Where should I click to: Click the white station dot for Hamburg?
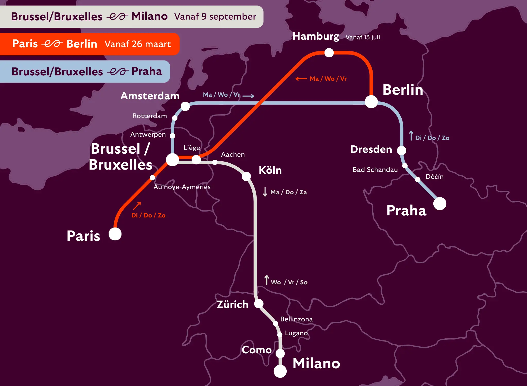[329, 53]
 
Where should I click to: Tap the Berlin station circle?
[371, 102]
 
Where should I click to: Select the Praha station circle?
[440, 204]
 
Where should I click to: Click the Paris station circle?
[115, 234]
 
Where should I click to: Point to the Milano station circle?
[280, 371]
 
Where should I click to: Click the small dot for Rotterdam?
[175, 118]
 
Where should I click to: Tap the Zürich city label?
[232, 304]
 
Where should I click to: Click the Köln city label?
[270, 170]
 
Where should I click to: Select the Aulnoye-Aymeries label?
[182, 187]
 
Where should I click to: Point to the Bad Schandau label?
[375, 170]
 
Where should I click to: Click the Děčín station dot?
[418, 179]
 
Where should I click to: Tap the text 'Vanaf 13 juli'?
[363, 37]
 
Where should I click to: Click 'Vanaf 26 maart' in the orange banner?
[138, 44]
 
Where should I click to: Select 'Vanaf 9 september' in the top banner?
[215, 16]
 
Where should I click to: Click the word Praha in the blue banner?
[147, 71]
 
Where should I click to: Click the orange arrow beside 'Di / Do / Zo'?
[137, 206]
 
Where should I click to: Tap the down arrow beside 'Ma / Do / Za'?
[265, 192]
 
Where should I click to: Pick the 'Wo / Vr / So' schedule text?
[289, 282]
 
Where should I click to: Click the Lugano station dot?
[280, 335]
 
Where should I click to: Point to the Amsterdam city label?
[150, 96]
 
